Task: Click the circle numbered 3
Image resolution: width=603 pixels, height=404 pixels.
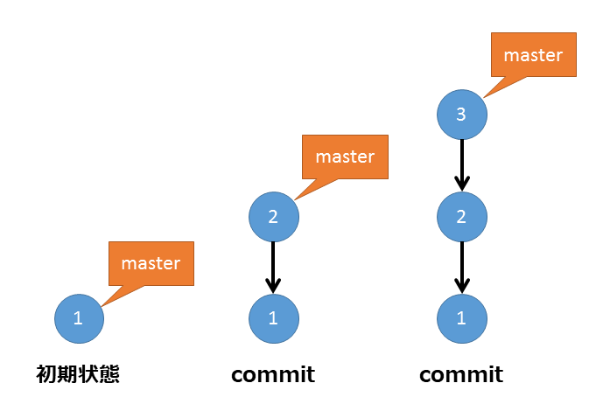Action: (x=461, y=114)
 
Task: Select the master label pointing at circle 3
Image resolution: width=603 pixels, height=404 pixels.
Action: (x=533, y=54)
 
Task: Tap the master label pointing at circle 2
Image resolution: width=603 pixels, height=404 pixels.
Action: (x=344, y=157)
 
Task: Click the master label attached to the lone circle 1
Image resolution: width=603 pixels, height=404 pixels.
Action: (x=151, y=262)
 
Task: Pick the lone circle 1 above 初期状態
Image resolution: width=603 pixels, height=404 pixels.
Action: (x=79, y=318)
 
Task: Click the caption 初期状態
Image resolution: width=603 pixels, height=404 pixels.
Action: (x=77, y=375)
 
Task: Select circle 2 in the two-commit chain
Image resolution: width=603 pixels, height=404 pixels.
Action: (x=273, y=216)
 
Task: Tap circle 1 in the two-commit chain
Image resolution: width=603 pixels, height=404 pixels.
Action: (x=273, y=318)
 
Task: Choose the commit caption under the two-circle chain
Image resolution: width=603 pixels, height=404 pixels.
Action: (x=273, y=375)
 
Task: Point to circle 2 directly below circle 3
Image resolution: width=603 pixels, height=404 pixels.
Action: (x=461, y=216)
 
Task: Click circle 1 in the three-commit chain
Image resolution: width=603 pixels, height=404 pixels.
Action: (x=461, y=318)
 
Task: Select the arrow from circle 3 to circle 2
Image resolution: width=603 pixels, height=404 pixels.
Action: (x=461, y=163)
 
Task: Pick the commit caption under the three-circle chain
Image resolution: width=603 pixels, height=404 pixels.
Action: (x=461, y=375)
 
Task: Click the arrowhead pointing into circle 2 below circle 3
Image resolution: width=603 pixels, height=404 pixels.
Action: (x=461, y=185)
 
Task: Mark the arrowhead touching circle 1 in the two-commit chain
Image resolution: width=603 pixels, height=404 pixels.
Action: (x=273, y=285)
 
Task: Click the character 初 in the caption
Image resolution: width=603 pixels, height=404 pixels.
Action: (x=46, y=375)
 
